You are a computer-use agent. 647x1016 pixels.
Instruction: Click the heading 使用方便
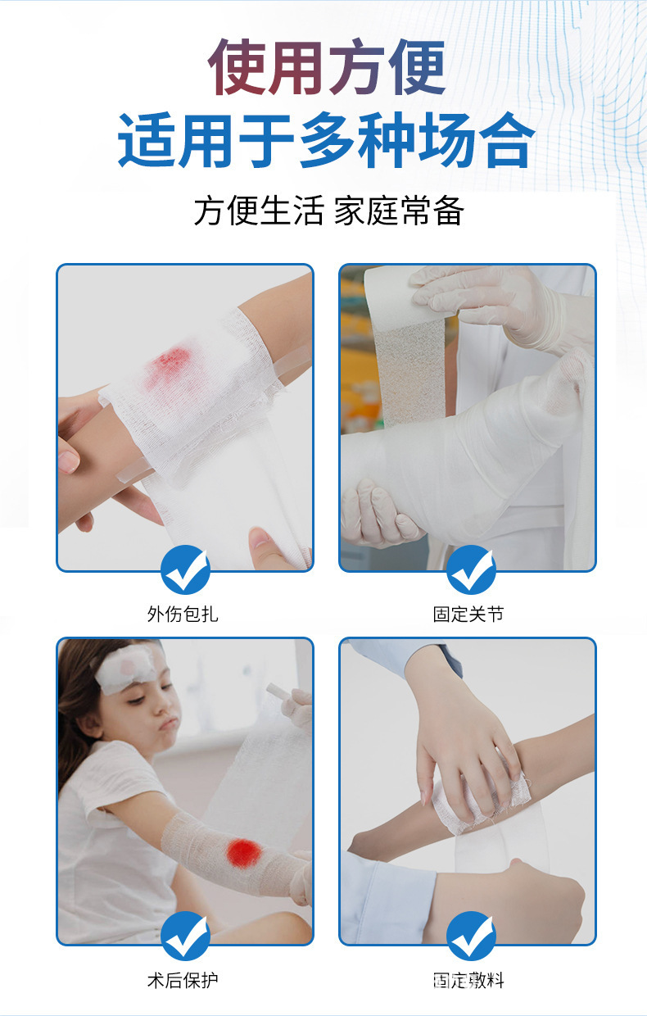tap(326, 67)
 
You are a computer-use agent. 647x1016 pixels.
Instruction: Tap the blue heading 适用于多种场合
tap(326, 140)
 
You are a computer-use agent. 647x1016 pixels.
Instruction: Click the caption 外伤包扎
tap(183, 615)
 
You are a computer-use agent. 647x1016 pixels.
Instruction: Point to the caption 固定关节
tap(468, 615)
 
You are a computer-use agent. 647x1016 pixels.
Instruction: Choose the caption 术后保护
tap(183, 980)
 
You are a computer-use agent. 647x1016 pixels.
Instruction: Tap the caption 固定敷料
tap(468, 980)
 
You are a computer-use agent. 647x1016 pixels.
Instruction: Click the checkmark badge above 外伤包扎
tap(185, 570)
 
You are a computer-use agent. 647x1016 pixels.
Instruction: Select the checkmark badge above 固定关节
tap(471, 570)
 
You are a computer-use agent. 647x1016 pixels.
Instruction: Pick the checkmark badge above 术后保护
tap(185, 936)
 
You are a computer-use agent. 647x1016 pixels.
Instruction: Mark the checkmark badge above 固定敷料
tap(471, 936)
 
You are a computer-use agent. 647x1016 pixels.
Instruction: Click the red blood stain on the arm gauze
tap(170, 361)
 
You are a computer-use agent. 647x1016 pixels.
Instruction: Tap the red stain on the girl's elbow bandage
tap(244, 853)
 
